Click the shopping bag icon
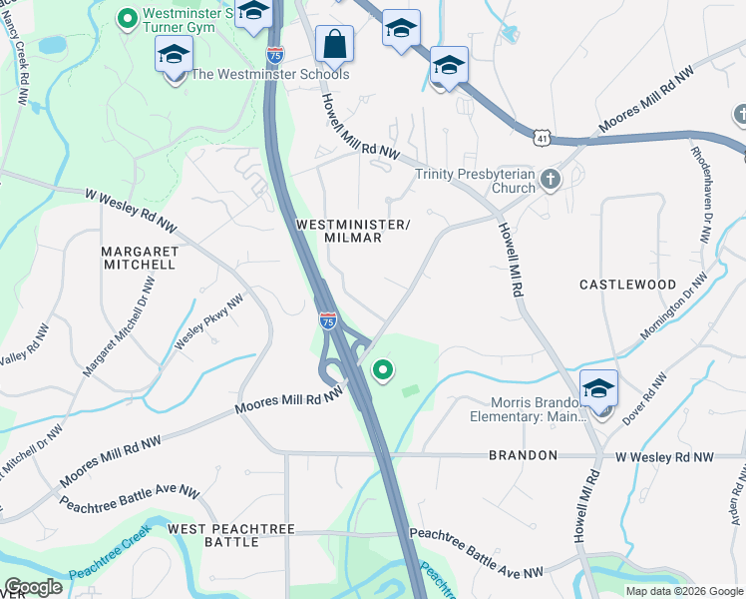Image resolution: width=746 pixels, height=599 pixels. click(334, 44)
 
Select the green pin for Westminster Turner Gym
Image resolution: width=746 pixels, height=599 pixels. click(127, 17)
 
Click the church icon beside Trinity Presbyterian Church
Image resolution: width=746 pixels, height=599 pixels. click(550, 180)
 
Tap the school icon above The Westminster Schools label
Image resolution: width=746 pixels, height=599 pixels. click(175, 55)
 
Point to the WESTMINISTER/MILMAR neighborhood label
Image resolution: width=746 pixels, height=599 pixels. click(353, 231)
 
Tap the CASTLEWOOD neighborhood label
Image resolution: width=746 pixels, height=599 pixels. click(628, 285)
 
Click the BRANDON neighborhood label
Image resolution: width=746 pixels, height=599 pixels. click(523, 455)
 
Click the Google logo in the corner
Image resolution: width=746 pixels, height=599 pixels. click(33, 586)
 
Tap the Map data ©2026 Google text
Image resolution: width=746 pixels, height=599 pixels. click(684, 590)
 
